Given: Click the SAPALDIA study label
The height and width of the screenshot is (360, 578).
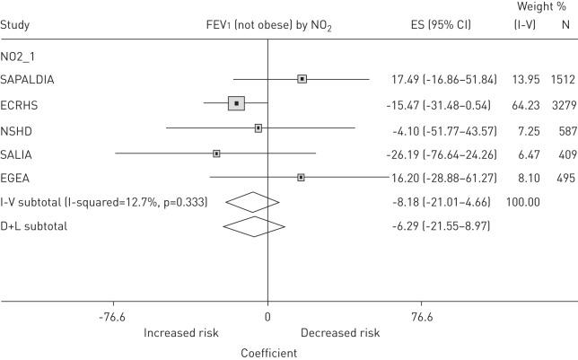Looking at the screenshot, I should (28, 79).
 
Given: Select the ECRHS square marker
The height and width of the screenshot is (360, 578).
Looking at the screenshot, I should (236, 103).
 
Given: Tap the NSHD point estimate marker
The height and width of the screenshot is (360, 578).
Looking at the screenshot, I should (258, 128).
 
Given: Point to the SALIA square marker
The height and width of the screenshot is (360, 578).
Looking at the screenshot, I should (216, 154).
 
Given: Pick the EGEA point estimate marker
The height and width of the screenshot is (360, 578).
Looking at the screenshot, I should (301, 178).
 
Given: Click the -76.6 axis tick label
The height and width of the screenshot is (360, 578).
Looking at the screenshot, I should (112, 317).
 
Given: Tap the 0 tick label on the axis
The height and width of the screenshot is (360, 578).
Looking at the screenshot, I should (267, 317).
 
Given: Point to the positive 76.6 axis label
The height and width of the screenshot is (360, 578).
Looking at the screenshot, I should (422, 317).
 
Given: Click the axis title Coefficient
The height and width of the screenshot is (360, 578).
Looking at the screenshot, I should (268, 353).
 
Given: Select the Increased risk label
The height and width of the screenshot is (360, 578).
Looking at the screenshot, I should (182, 333).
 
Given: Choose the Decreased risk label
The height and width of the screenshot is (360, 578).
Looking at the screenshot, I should (340, 333).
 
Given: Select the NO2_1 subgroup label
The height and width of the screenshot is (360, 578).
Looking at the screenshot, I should (20, 56).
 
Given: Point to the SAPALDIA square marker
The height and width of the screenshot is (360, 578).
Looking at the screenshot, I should (302, 79).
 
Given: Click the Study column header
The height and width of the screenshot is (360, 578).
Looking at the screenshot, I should (15, 25).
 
